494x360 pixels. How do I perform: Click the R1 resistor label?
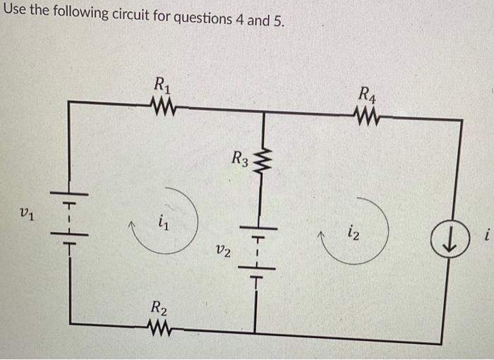point(162,85)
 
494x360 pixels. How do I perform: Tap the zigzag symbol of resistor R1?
point(163,107)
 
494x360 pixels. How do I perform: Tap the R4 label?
point(368,92)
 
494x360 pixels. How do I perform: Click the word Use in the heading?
point(15,12)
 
